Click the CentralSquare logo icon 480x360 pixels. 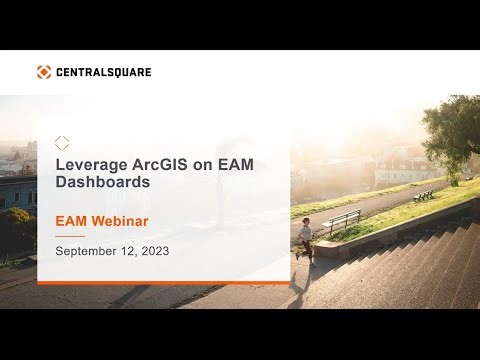pyautogui.click(x=44, y=72)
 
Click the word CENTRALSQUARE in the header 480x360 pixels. pyautogui.click(x=103, y=72)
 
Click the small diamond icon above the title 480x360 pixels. pyautogui.click(x=62, y=143)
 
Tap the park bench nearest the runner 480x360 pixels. pyautogui.click(x=342, y=221)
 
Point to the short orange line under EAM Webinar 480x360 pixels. pyautogui.click(x=69, y=235)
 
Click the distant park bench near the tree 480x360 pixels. pyautogui.click(x=424, y=194)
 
